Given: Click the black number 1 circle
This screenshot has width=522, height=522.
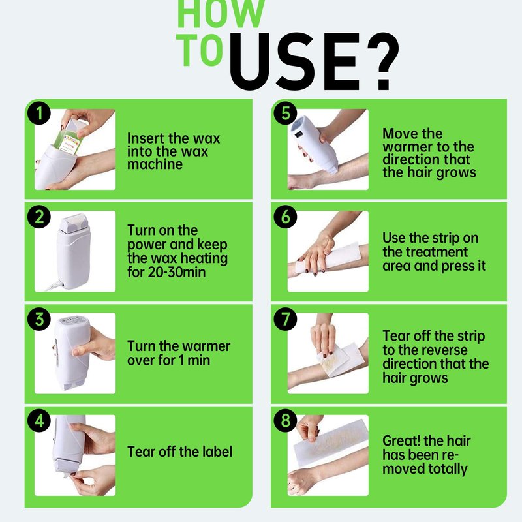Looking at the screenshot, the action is (39, 113).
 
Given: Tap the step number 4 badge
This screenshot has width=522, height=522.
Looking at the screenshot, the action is (39, 420).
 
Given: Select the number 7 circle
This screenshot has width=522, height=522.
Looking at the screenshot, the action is (285, 319).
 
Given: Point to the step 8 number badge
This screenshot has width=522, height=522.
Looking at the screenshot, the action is (285, 420).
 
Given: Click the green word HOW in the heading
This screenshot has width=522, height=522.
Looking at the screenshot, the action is (221, 13).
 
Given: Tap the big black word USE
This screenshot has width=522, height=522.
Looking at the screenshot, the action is (295, 61).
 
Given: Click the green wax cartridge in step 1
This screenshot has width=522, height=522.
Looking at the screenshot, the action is (69, 140).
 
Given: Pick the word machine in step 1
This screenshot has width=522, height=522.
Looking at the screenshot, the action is (155, 164).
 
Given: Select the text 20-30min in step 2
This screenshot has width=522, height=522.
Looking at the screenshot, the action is (177, 272).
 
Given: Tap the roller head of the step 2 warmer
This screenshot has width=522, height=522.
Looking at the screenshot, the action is (74, 223).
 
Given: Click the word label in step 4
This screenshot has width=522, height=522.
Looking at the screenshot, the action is (216, 452).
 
